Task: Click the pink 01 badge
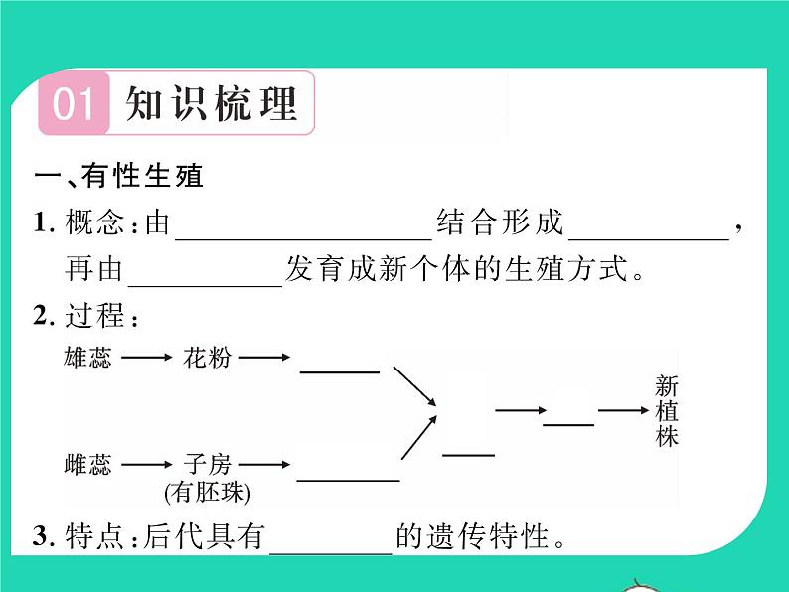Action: [74, 103]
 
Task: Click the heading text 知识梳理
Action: [211, 103]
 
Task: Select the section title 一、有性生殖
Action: [119, 176]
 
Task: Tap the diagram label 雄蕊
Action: [87, 358]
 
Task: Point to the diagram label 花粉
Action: [207, 358]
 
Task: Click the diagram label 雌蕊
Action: [87, 464]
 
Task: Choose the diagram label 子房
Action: [207, 464]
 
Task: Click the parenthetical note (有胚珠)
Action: [208, 492]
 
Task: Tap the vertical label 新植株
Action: [667, 411]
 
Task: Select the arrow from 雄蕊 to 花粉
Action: [147, 358]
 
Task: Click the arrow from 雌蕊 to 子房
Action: [147, 464]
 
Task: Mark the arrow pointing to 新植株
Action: [623, 410]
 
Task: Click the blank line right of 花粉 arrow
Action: [340, 372]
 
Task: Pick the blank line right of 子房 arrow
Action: [348, 481]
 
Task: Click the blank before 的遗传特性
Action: [331, 553]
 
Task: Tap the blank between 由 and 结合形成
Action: [303, 239]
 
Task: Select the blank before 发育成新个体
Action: [206, 286]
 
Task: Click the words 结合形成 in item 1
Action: [500, 222]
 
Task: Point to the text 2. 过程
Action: [86, 316]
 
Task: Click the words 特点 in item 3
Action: [94, 536]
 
